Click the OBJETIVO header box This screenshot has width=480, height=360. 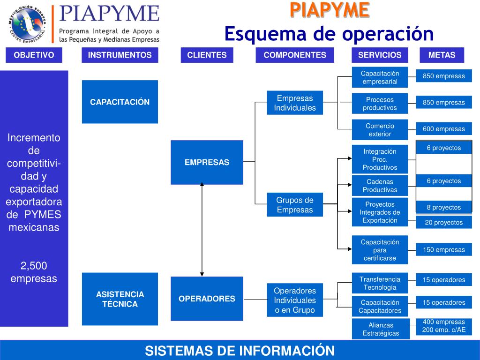click(34, 55)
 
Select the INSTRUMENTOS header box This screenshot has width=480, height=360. click(120, 55)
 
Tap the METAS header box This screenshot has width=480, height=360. click(442, 55)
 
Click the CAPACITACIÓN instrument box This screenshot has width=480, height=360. click(120, 102)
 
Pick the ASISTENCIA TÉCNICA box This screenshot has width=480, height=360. click(120, 299)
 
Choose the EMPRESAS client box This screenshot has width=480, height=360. click(207, 162)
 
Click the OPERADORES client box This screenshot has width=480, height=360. click(207, 299)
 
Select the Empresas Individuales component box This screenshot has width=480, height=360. click(295, 103)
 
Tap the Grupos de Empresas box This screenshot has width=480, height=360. click(295, 204)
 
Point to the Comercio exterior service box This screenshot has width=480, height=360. click(380, 130)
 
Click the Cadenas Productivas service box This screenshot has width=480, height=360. click(380, 186)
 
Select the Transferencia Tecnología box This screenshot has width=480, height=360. click(380, 283)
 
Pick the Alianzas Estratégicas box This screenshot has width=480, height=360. click(381, 329)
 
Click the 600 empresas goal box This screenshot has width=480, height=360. click(443, 129)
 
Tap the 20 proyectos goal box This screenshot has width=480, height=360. click(443, 222)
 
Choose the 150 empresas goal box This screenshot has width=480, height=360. click(443, 249)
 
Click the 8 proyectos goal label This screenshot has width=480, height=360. click(443, 207)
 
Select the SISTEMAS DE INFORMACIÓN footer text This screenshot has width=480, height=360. click(240, 351)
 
